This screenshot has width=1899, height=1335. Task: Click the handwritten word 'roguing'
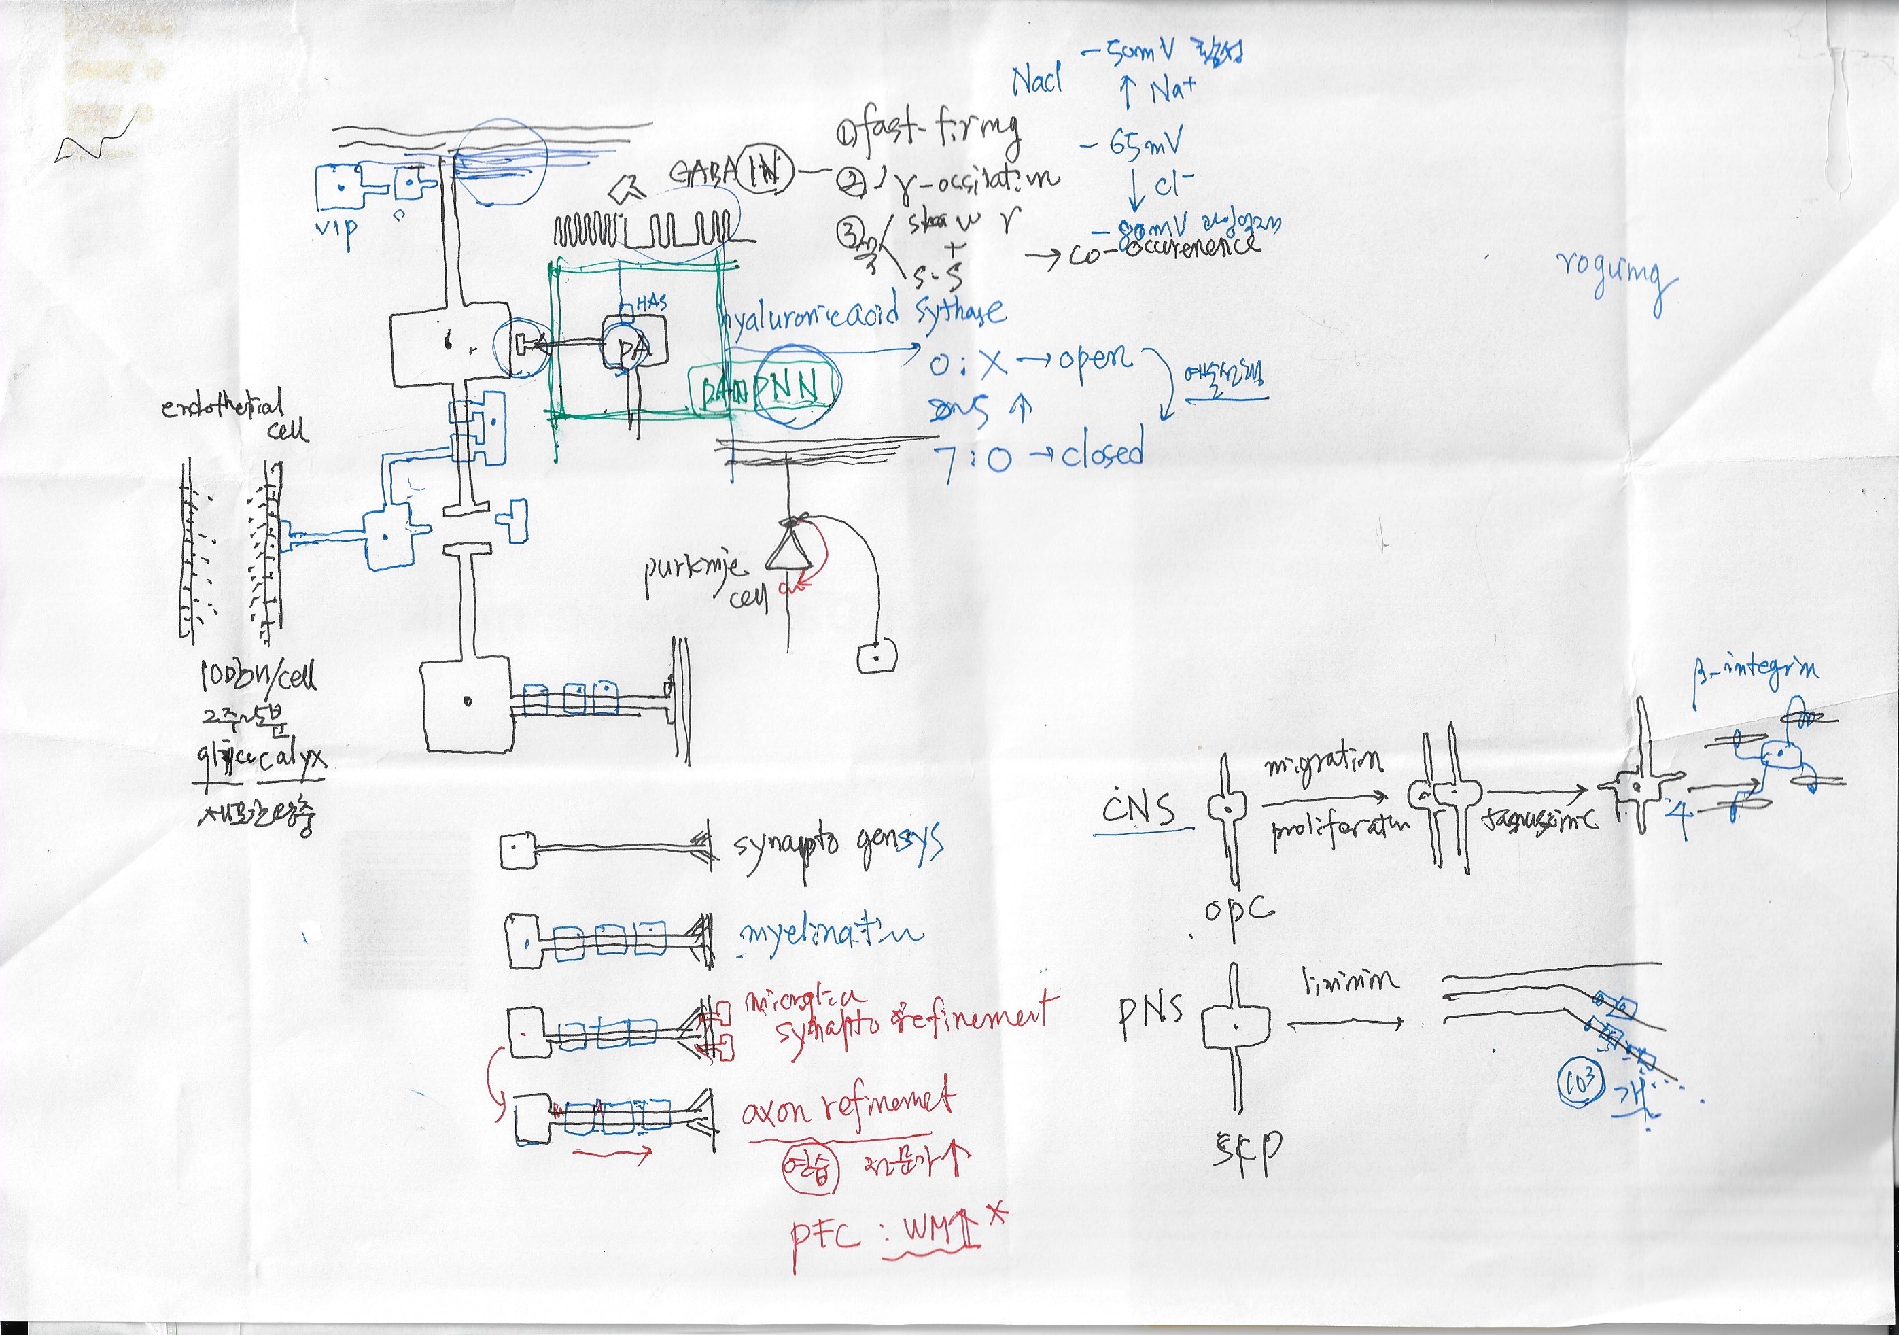click(x=1616, y=281)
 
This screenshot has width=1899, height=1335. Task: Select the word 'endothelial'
click(x=222, y=405)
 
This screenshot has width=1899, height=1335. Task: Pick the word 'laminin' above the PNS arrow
click(x=1351, y=981)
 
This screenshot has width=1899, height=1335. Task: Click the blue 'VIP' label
click(x=336, y=228)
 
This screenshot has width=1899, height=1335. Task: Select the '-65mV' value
click(x=1133, y=145)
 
